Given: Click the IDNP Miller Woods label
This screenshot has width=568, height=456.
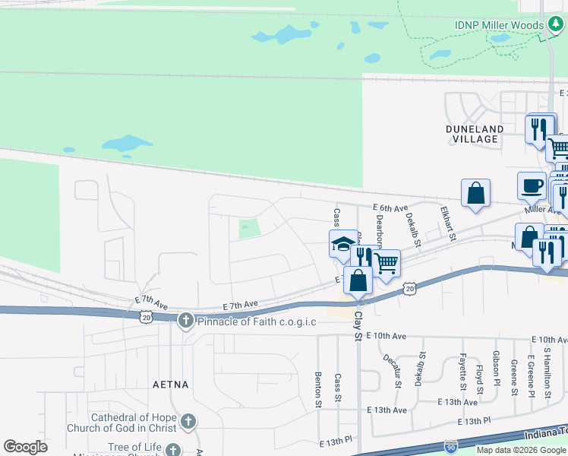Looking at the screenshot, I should pyautogui.click(x=498, y=25).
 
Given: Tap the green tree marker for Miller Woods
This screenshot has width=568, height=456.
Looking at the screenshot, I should pyautogui.click(x=555, y=25).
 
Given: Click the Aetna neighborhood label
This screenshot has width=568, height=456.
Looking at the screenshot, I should pyautogui.click(x=170, y=385).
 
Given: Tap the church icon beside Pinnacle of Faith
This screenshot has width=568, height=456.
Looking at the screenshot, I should pyautogui.click(x=186, y=321).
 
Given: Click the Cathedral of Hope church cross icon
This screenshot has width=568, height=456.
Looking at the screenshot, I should pyautogui.click(x=188, y=421).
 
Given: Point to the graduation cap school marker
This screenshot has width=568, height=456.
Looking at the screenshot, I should pyautogui.click(x=342, y=245).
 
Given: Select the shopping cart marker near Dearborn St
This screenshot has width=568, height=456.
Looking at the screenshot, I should pyautogui.click(x=387, y=264).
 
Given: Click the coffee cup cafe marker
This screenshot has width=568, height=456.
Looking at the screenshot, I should pyautogui.click(x=532, y=185).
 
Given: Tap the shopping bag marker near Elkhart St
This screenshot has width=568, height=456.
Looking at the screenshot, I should pyautogui.click(x=475, y=192).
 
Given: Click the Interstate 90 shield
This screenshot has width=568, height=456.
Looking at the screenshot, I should pyautogui.click(x=451, y=447).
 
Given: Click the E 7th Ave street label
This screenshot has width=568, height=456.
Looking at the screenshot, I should pyautogui.click(x=241, y=304).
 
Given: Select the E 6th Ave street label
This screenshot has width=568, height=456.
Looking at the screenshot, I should pyautogui.click(x=390, y=207).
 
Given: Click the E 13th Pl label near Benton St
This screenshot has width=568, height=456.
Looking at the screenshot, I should pyautogui.click(x=336, y=442).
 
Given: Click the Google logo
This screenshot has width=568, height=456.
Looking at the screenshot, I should pyautogui.click(x=26, y=447).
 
